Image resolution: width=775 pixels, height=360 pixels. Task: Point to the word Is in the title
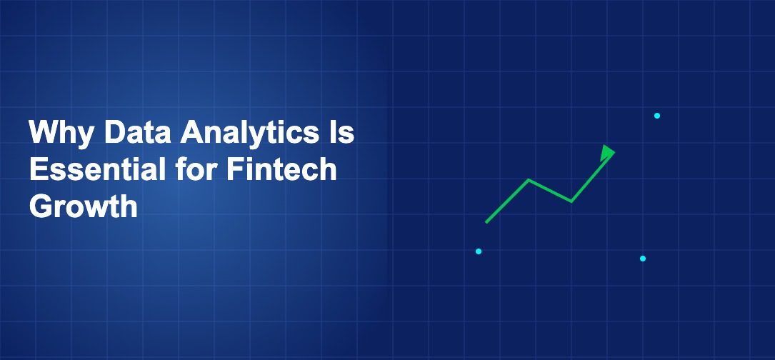pyautogui.click(x=342, y=132)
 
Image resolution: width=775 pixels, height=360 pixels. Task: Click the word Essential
pyautogui.click(x=97, y=169)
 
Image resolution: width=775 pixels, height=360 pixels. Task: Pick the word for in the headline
pyautogui.click(x=196, y=169)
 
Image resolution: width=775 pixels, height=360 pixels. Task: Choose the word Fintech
pyautogui.click(x=282, y=169)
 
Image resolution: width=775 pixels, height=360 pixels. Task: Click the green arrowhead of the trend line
pyautogui.click(x=607, y=153)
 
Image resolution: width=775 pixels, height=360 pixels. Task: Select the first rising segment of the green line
pyautogui.click(x=507, y=201)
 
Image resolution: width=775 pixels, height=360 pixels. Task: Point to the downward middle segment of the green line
pyautogui.click(x=550, y=191)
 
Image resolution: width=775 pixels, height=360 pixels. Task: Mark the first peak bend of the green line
pyautogui.click(x=529, y=180)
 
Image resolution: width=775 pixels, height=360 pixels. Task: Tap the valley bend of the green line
pyautogui.click(x=571, y=201)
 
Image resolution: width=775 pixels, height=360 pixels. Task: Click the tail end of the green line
pyautogui.click(x=486, y=222)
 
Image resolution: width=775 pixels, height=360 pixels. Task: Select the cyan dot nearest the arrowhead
pyautogui.click(x=657, y=116)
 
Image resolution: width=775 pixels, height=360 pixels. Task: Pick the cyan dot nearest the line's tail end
pyautogui.click(x=479, y=251)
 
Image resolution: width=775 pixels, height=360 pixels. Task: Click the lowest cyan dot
pyautogui.click(x=643, y=258)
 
